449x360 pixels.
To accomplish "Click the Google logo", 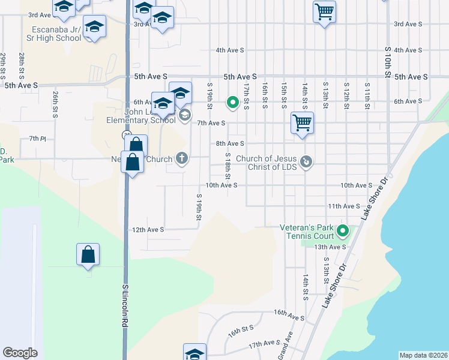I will pyautogui.click(x=20, y=353).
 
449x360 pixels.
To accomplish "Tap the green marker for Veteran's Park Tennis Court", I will pyautogui.click(x=343, y=230).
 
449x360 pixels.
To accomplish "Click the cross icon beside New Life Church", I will pyautogui.click(x=182, y=158).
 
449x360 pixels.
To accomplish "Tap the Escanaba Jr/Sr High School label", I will pyautogui.click(x=57, y=34).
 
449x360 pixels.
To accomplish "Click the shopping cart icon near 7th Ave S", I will pyautogui.click(x=302, y=123).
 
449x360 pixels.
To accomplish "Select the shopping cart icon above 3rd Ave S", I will pyautogui.click(x=324, y=11).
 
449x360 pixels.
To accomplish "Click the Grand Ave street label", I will pyautogui.click(x=285, y=346).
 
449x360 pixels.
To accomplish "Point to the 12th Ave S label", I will pyautogui.click(x=148, y=230).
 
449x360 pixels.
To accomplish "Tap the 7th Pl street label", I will pyautogui.click(x=37, y=139).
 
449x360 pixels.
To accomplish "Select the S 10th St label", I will pyautogui.click(x=388, y=62).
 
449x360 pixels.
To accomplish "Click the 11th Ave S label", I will pyautogui.click(x=343, y=206).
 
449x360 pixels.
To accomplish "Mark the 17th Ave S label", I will pyautogui.click(x=265, y=344).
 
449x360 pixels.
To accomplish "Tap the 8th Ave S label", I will pyautogui.click(x=230, y=143).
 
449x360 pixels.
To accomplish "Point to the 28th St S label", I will pyautogui.click(x=22, y=65).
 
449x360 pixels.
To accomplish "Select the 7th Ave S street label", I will pyautogui.click(x=211, y=123).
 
